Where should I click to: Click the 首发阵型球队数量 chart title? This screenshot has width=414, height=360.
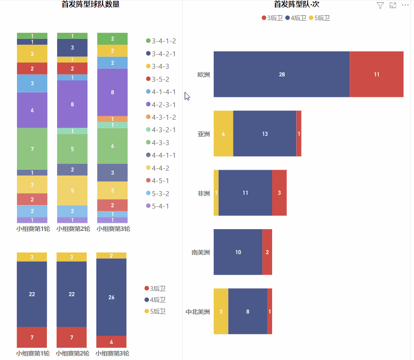coord(91,5)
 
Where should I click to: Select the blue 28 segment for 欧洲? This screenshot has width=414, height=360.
coord(282,74)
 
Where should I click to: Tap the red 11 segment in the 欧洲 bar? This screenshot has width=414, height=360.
coord(377,74)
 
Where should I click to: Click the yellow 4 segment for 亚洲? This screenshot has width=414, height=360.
coord(223,134)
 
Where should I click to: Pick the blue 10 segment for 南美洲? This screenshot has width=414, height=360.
coord(238,252)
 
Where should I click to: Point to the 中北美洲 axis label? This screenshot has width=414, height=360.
coord(198,312)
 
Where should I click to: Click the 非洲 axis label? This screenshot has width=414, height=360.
coord(203,193)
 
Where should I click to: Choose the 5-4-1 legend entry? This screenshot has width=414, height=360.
coord(160,206)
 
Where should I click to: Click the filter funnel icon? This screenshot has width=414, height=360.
coord(380,5)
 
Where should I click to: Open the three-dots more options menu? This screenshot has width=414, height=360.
coord(405,5)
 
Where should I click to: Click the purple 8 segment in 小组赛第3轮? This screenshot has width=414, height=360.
coord(112,92)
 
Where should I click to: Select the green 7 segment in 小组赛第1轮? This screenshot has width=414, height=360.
coord(32,149)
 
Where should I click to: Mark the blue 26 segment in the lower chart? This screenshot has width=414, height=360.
coord(112,297)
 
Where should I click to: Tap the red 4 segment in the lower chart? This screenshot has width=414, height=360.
coord(112,342)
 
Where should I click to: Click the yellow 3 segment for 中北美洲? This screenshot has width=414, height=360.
coord(221,311)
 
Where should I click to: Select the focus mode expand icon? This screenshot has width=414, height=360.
coord(393,5)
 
